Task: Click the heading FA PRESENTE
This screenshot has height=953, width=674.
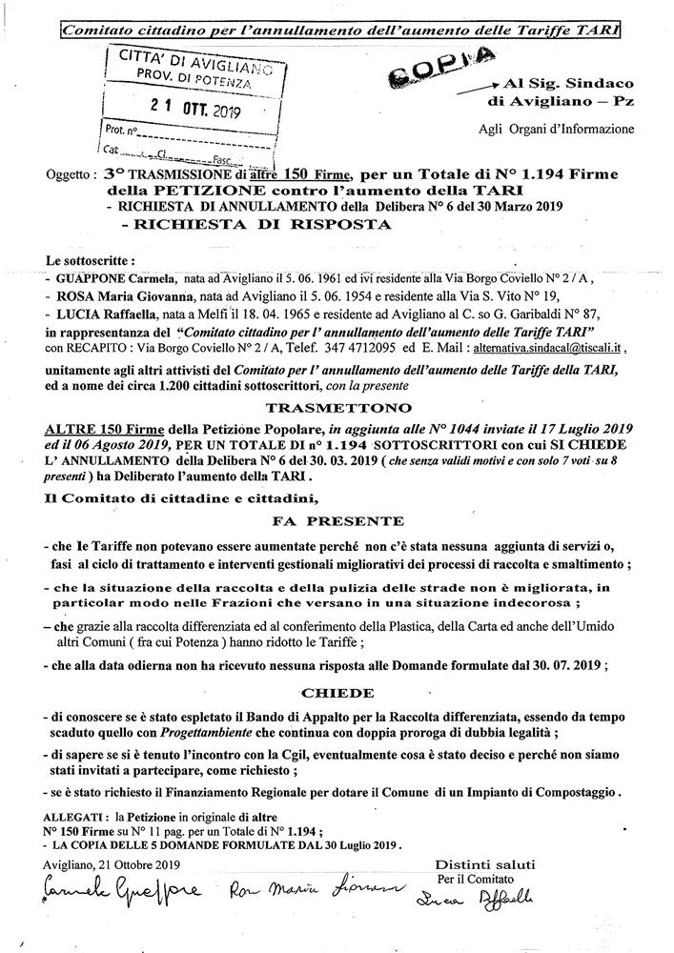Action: pyautogui.click(x=335, y=522)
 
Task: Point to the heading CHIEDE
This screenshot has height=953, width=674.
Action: pyautogui.click(x=337, y=694)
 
